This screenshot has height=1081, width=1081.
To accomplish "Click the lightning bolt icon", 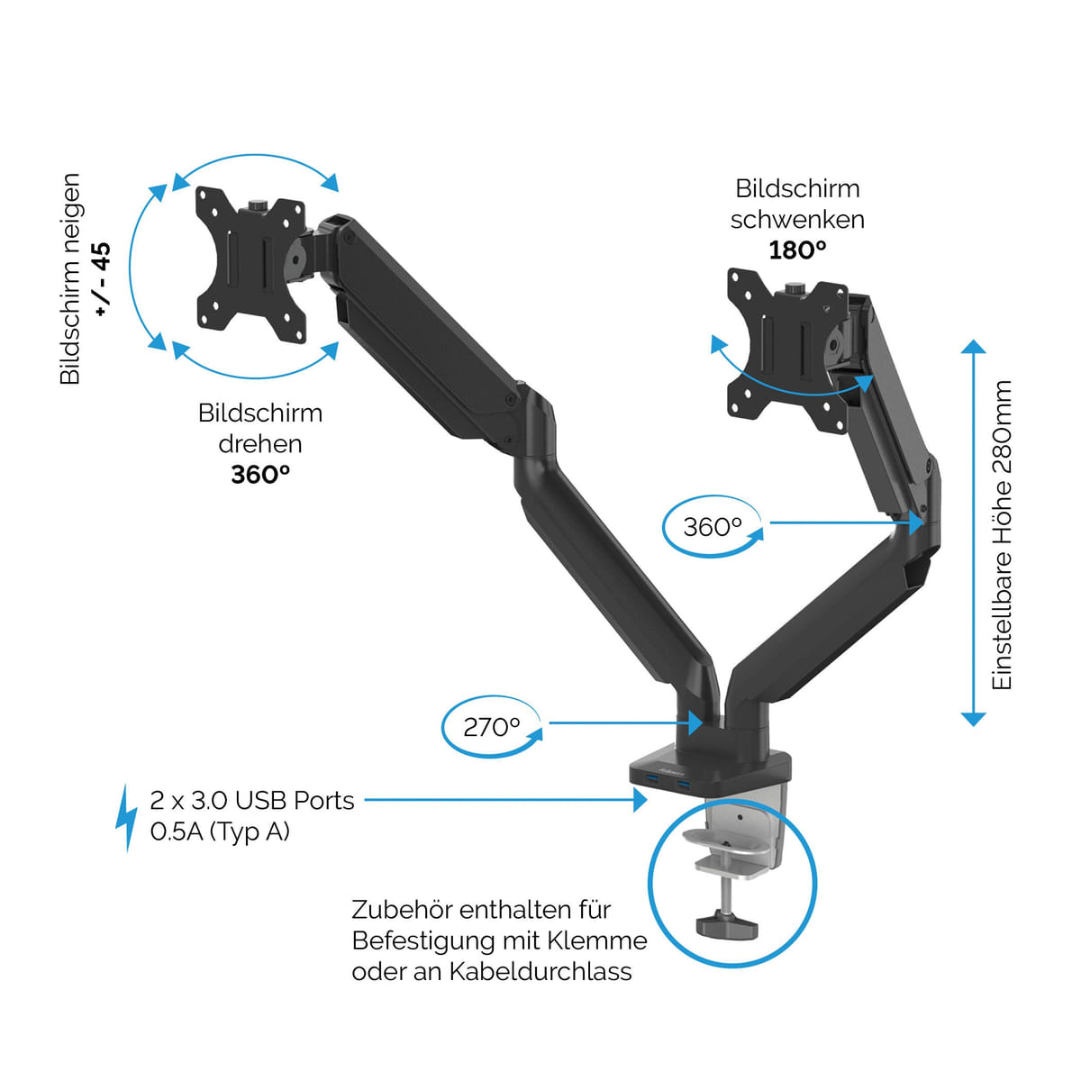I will (x=126, y=816).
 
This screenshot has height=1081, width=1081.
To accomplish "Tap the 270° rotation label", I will (x=492, y=727).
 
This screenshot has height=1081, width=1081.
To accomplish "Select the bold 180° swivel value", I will (x=797, y=250).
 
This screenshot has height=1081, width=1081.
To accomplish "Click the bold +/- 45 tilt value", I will (x=101, y=278).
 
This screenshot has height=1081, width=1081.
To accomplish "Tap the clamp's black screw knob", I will (x=725, y=922).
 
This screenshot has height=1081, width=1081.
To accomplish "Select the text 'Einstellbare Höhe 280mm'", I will (x=1002, y=535).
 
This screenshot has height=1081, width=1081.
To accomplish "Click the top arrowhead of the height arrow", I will (x=973, y=347).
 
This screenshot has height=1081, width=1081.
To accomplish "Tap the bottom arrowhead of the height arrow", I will (x=973, y=718).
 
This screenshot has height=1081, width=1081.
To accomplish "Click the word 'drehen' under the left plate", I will (x=260, y=443).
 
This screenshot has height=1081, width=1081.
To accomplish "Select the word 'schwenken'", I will (x=797, y=219).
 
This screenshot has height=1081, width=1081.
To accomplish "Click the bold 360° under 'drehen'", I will (x=260, y=474).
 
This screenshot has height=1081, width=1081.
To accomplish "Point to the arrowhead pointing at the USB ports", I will (x=640, y=799).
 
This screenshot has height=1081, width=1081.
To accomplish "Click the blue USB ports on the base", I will (x=668, y=789).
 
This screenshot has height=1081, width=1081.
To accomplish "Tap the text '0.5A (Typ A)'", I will (x=220, y=831).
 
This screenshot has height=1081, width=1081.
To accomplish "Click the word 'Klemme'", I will (x=600, y=940).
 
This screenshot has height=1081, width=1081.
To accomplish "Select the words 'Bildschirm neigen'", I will (x=70, y=278).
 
